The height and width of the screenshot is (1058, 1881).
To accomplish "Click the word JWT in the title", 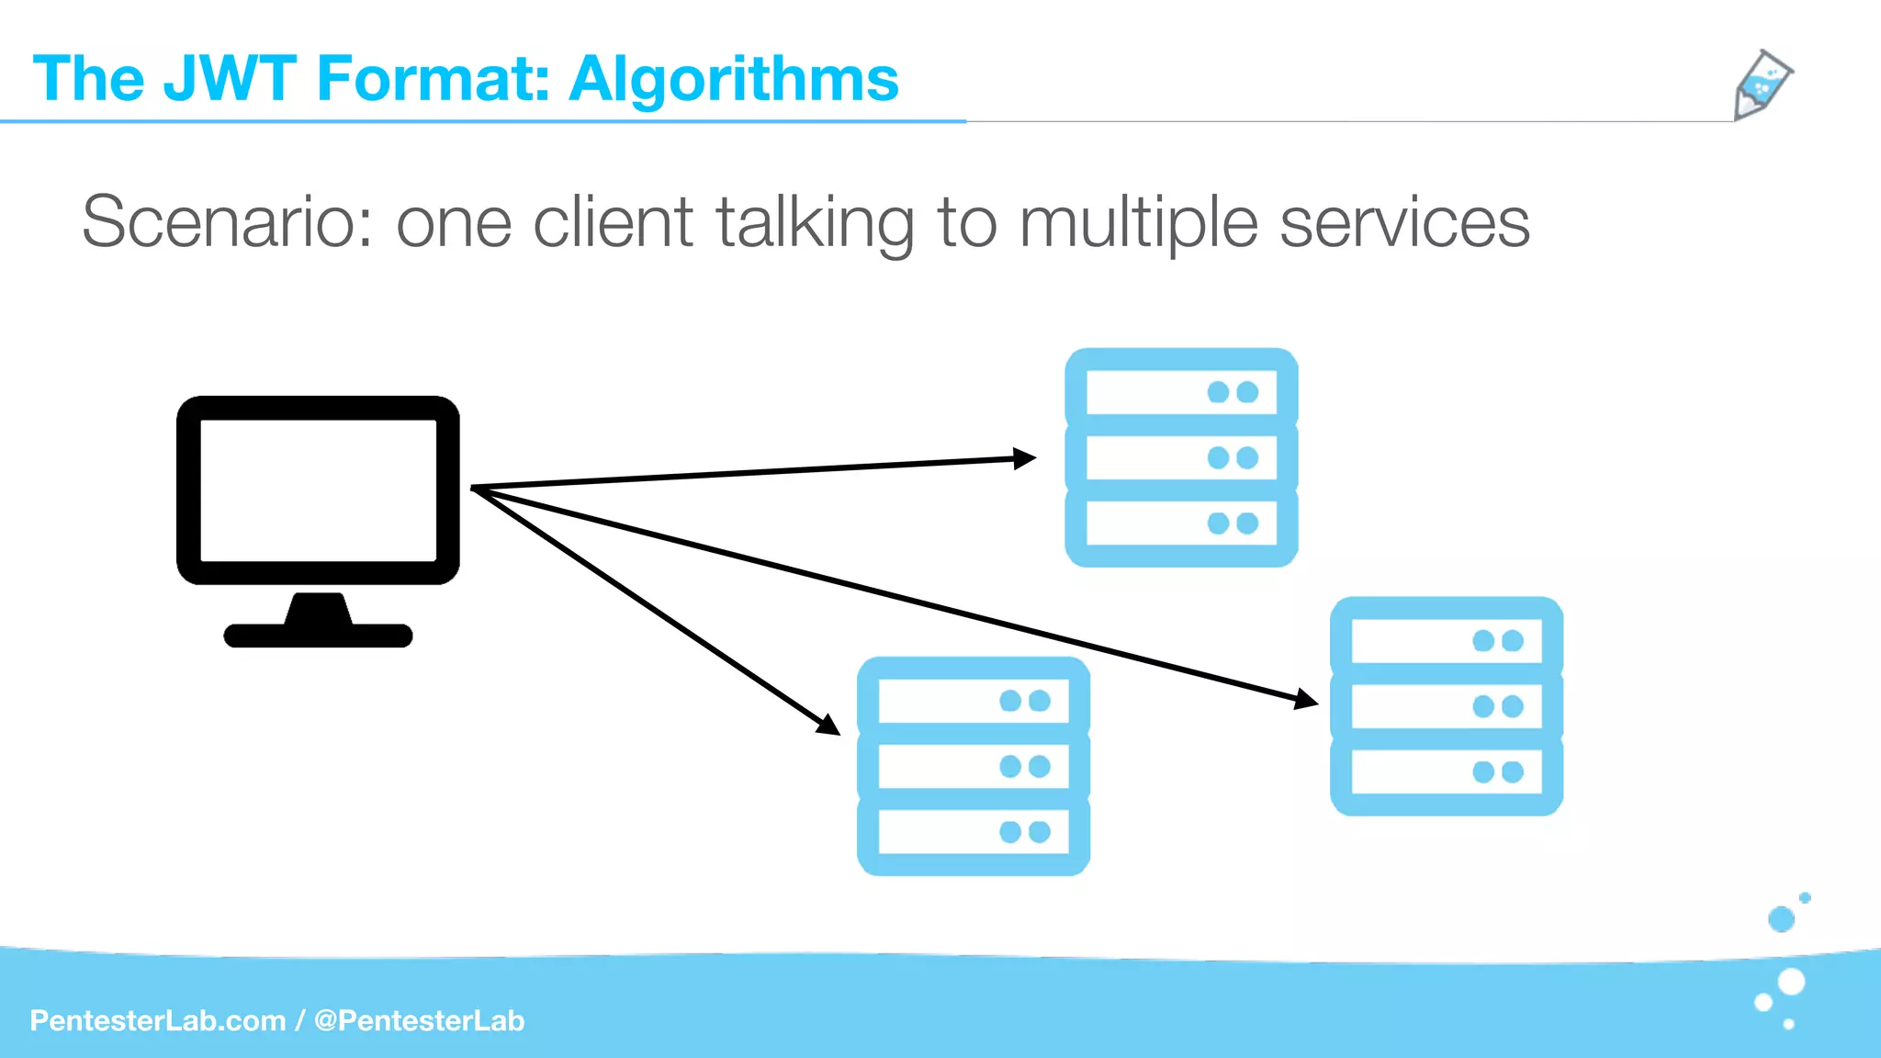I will pyautogui.click(x=230, y=79).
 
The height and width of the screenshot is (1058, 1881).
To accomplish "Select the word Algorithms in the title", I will pyautogui.click(x=734, y=79).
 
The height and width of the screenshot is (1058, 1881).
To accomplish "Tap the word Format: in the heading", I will pyautogui.click(x=433, y=79).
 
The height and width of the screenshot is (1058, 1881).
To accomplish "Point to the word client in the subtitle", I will pyautogui.click(x=613, y=222).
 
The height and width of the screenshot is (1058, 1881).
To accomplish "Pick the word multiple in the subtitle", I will pyautogui.click(x=1138, y=222).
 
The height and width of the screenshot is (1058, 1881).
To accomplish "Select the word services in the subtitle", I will pyautogui.click(x=1404, y=222).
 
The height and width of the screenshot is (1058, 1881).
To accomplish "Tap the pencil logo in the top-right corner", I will pyautogui.click(x=1762, y=84).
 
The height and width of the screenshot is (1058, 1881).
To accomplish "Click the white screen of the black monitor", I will pyautogui.click(x=318, y=490).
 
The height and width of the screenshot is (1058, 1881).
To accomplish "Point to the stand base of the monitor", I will pyautogui.click(x=318, y=635).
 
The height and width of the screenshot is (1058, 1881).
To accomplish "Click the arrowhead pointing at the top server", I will pyautogui.click(x=1024, y=458).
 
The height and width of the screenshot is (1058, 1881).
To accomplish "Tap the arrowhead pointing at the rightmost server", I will pyautogui.click(x=1305, y=700).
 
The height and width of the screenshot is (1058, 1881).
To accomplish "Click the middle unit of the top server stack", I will pyautogui.click(x=1181, y=457).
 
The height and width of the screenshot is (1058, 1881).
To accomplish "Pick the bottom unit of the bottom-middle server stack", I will pyautogui.click(x=973, y=832).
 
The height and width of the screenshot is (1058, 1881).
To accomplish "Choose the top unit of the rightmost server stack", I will pyautogui.click(x=1446, y=640).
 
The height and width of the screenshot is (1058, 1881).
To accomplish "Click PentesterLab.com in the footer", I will pyautogui.click(x=158, y=1020).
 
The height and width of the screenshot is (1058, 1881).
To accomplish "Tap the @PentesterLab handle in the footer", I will pyautogui.click(x=419, y=1020).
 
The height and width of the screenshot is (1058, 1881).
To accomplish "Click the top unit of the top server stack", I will pyautogui.click(x=1181, y=392).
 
